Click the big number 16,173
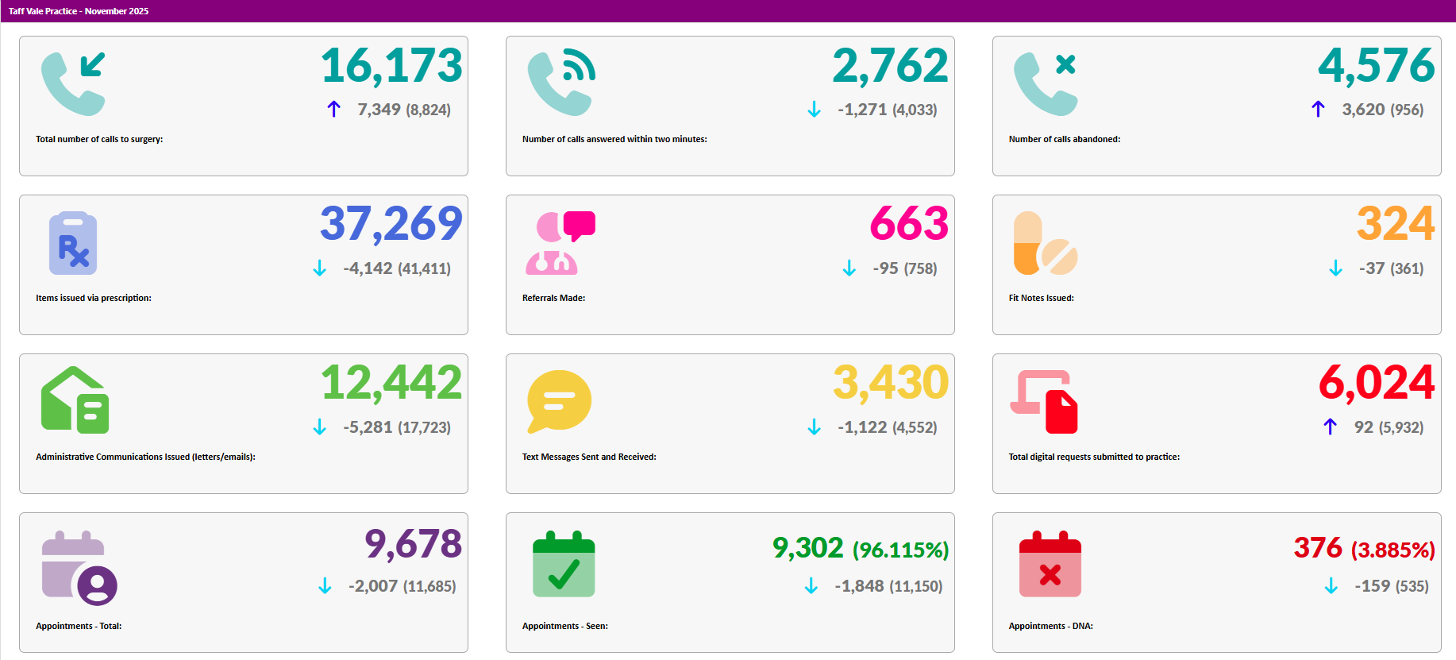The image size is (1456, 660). pyautogui.click(x=391, y=66)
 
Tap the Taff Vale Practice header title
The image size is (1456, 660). pyautogui.click(x=79, y=11)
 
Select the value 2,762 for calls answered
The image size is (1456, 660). pyautogui.click(x=890, y=66)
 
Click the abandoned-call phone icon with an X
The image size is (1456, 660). pyautogui.click(x=1046, y=83)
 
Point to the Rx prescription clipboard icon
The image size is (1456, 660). pyautogui.click(x=73, y=244)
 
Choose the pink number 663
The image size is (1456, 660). pyautogui.click(x=909, y=224)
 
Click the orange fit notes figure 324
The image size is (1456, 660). pyautogui.click(x=1396, y=224)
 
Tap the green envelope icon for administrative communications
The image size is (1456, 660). pyautogui.click(x=75, y=400)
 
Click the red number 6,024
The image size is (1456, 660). pyautogui.click(x=1377, y=383)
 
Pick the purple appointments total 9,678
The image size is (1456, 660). pyautogui.click(x=413, y=545)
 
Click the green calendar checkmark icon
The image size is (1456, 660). pyautogui.click(x=564, y=565)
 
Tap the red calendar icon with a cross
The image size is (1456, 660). pyautogui.click(x=1050, y=565)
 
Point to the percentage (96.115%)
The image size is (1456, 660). pyautogui.click(x=900, y=550)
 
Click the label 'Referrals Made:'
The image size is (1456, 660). pyautogui.click(x=553, y=298)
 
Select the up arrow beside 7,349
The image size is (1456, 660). pyautogui.click(x=334, y=109)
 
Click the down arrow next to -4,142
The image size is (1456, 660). pyautogui.click(x=320, y=268)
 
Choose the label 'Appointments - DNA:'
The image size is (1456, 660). pyautogui.click(x=1050, y=626)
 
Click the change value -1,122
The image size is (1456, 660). pyautogui.click(x=862, y=427)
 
